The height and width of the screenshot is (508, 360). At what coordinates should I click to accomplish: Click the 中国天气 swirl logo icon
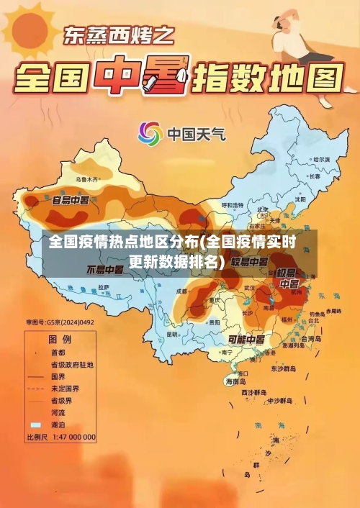coord(150,133)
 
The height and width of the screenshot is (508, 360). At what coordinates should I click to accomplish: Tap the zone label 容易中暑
coord(71,199)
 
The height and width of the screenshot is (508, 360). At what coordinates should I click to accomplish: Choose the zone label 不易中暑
coord(104,271)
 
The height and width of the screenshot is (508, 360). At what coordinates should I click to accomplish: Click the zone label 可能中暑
coord(246,339)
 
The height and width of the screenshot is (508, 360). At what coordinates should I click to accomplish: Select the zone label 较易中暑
coord(252,260)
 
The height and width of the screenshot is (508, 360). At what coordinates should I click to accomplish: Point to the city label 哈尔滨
coord(320,158)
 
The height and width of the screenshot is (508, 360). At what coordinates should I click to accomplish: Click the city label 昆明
coord(172,334)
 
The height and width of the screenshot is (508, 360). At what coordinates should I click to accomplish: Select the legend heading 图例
coord(59,338)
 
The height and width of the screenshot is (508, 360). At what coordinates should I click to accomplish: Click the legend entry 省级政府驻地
coord(71,365)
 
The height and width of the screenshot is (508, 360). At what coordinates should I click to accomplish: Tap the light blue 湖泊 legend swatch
coord(35,425)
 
